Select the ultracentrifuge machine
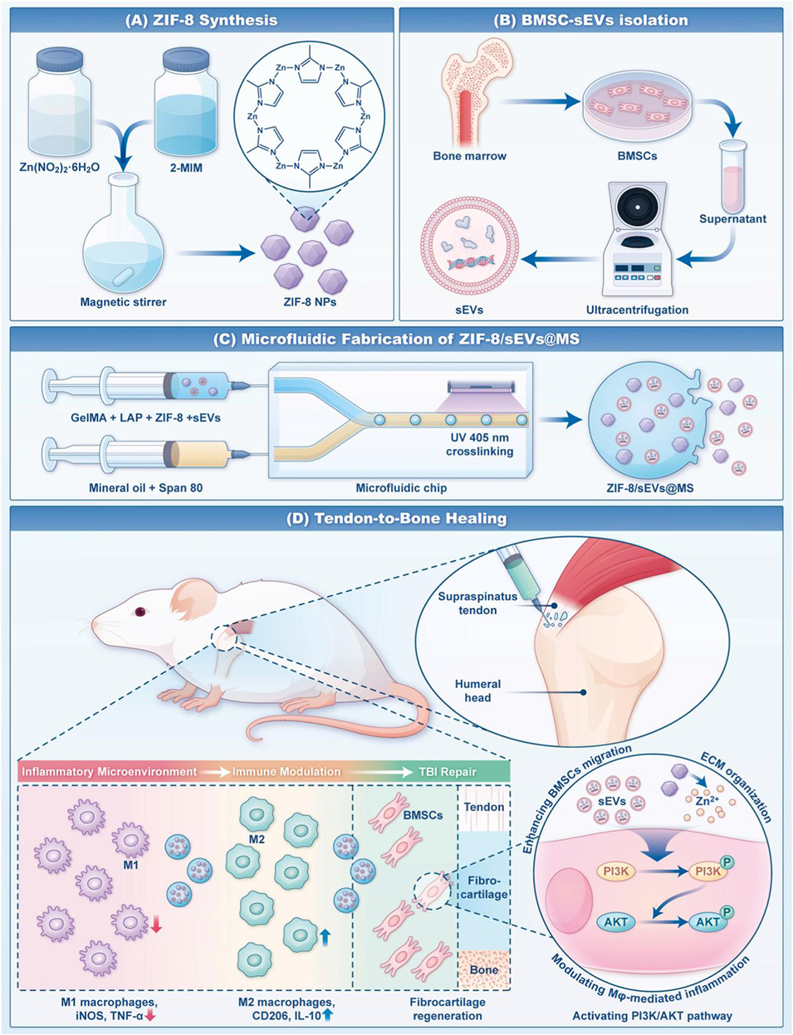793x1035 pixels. pos(638,241)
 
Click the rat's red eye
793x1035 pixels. pos(140,612)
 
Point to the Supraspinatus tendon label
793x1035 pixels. pos(477,603)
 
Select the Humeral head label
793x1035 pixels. pos(477,691)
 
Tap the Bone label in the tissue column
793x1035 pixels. pos(483,969)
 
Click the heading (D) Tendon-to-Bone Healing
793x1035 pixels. pos(396,519)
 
